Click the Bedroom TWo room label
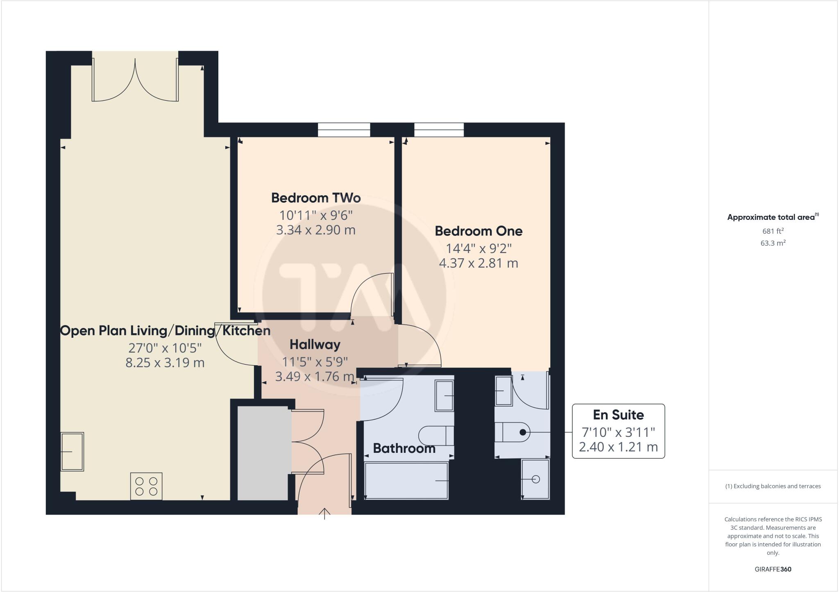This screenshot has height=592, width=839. click(x=316, y=198)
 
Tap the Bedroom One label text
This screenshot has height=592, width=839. click(x=478, y=231)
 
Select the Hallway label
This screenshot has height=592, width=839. click(x=315, y=345)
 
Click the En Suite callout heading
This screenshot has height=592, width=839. click(x=618, y=415)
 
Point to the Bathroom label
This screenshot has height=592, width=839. click(x=404, y=448)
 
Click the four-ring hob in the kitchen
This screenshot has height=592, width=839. click(x=146, y=486)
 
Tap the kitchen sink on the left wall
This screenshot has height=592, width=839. click(x=72, y=452)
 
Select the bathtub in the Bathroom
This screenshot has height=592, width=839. click(x=406, y=481)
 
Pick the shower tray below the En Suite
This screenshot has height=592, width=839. click(x=535, y=479)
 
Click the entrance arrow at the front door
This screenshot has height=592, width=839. click(x=324, y=513)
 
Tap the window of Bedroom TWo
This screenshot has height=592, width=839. click(x=344, y=130)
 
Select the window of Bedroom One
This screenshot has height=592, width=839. click(x=439, y=130)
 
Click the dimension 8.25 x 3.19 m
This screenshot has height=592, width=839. click(x=165, y=363)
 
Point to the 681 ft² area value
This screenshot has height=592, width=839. click(x=773, y=231)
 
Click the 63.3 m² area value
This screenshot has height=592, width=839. click(x=773, y=243)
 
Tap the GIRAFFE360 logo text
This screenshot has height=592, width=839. click(x=773, y=569)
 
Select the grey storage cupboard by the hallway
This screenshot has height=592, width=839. click(x=263, y=453)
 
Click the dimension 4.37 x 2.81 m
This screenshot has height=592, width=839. click(x=478, y=263)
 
